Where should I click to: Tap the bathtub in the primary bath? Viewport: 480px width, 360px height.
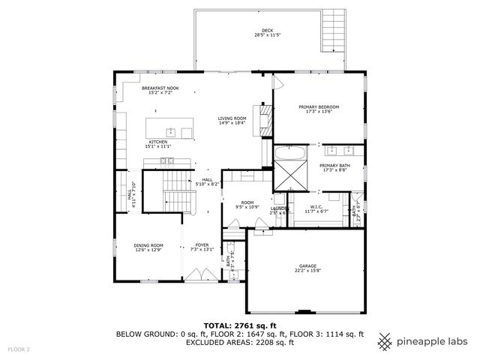[x=289, y=154]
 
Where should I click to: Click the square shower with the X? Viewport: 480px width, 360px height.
[x=289, y=178]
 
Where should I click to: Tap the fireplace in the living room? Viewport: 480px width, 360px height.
[x=265, y=121]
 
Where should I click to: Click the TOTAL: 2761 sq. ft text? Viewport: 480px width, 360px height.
[x=239, y=325]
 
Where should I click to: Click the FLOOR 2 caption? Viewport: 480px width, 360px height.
[x=19, y=349]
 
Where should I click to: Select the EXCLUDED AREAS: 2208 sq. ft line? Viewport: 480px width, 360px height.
[x=239, y=343]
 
